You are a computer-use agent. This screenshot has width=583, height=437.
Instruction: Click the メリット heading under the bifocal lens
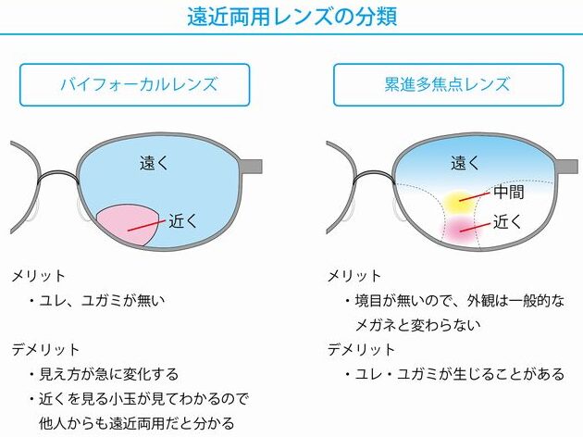click(38, 276)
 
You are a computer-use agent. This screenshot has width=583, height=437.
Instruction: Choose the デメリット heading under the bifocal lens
click(45, 349)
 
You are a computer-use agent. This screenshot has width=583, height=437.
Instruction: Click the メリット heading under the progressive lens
click(354, 276)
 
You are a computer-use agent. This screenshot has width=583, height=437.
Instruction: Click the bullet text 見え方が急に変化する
click(109, 374)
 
